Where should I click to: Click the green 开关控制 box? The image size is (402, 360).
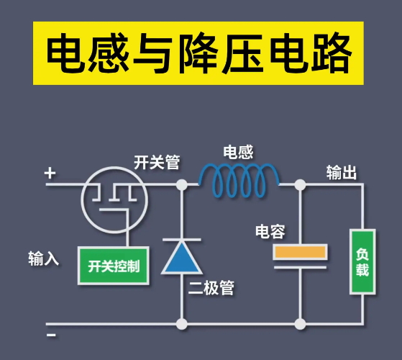pos(113,266)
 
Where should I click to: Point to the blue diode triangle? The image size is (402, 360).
pos(181,258)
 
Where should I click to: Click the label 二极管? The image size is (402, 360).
pos(211,289)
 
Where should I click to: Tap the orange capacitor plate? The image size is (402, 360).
pos(300,251)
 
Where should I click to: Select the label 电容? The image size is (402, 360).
pos(270,232)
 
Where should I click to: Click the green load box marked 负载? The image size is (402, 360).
pos(362,261)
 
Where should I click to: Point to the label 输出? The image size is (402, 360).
pos(342,173)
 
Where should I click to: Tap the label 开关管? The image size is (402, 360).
pos(157,163)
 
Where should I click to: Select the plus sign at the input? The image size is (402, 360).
pos(50,173)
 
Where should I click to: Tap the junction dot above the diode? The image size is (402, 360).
pos(181,185)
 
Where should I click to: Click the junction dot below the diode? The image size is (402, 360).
pos(181,324)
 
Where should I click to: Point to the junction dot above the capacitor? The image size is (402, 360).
pos(300,185)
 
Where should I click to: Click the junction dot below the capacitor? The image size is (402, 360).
pos(300,324)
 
